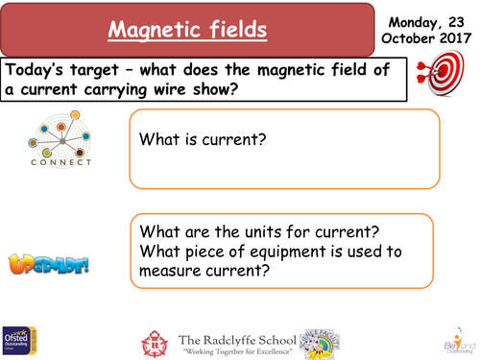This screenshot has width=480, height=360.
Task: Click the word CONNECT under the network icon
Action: tap(60, 162)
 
